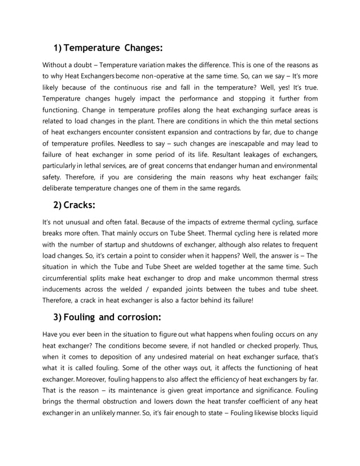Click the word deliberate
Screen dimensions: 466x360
click(x=61, y=188)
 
